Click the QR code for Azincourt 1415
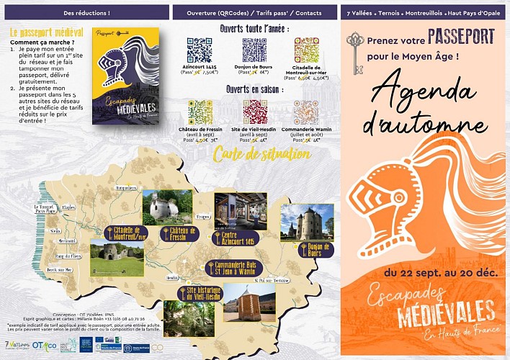pos(199,50)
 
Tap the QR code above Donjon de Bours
pos(254,50)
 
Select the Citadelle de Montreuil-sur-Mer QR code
pos(306,50)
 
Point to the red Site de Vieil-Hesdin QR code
pos(255,112)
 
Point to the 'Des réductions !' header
pos(85,14)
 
